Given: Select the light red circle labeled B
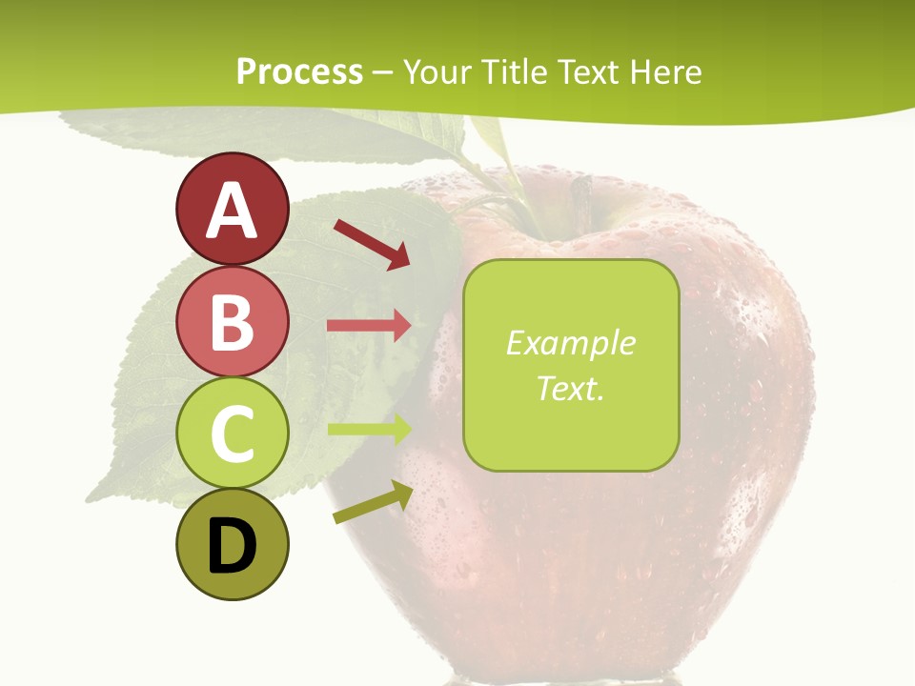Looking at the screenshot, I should coord(232,323).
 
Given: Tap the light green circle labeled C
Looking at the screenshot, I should coord(232,434).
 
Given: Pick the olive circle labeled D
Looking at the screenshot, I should coord(232,545).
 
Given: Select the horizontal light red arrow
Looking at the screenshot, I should coord(369,325).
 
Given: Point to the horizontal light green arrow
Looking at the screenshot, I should coord(369,429).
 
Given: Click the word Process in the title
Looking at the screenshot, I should coord(299,71).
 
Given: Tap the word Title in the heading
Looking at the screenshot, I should coord(516,71).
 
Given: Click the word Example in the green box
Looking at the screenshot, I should coord(570,343).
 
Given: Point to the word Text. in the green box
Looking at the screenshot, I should coord(570,388).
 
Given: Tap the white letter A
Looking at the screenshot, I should coord(232,210).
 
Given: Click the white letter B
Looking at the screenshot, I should coord(232,323).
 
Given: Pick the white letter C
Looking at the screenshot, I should coord(232,434).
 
